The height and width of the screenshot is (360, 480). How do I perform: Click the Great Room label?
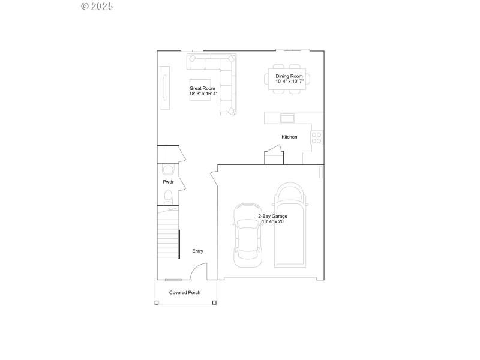pos(202,91)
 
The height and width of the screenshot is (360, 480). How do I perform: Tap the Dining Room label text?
pos(289,79)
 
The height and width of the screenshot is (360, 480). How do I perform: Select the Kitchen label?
pos(289,137)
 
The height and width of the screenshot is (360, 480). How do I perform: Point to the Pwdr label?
pos(168,182)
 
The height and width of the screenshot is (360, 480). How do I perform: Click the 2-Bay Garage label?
pos(273,218)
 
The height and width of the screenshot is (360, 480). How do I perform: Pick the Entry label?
pos(197,251)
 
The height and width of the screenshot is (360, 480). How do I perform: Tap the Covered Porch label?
pos(185,292)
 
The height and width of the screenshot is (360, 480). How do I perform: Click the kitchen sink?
pos(288,117)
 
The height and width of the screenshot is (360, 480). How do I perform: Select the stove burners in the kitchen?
pos(317,137)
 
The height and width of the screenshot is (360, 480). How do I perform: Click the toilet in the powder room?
pos(169,196)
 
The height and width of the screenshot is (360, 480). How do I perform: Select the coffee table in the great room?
pos(200,90)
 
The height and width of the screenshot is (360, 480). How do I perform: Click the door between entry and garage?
pos(214,180)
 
